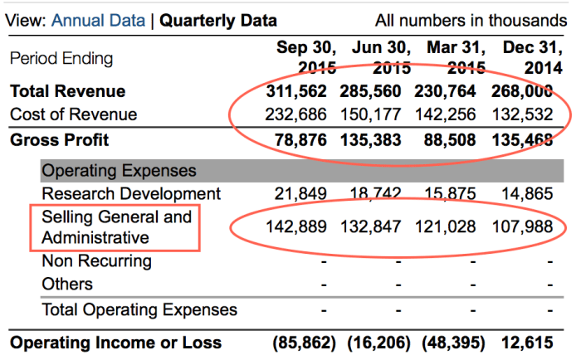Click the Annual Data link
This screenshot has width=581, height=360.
click(98, 21)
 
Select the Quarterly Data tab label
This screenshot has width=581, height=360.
click(218, 21)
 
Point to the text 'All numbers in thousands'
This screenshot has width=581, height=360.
click(471, 21)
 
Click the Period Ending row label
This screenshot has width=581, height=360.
click(61, 59)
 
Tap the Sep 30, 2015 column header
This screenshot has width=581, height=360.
click(306, 57)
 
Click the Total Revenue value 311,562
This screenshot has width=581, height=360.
click(296, 91)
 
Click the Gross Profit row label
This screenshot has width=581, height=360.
click(60, 139)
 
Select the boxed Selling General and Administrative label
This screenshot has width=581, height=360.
click(115, 228)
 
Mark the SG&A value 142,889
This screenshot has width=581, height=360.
click(296, 228)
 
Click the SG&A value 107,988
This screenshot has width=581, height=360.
click(524, 228)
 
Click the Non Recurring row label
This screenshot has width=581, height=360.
click(96, 261)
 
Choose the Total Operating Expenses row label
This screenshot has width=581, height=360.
click(139, 310)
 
